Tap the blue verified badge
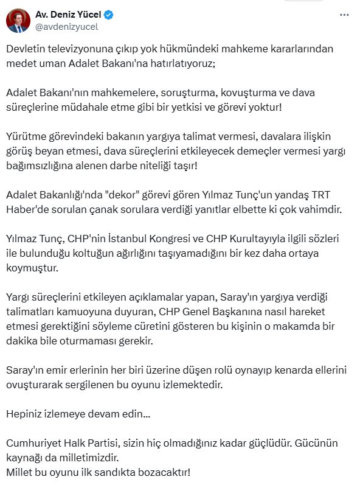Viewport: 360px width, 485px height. click(x=109, y=14)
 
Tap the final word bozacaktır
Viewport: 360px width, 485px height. click(x=165, y=472)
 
